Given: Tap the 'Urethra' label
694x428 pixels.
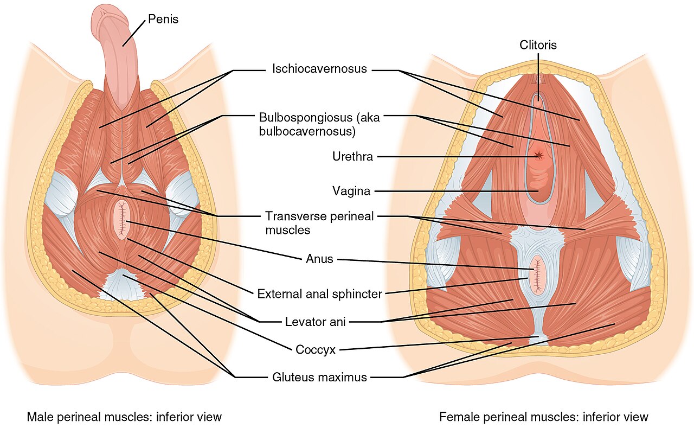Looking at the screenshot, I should coord(352,157).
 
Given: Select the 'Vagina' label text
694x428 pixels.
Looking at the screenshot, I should coord(351,191).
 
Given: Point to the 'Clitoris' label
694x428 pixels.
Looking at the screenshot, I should coord(537,45).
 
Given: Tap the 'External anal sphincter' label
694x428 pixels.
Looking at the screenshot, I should coord(319,294).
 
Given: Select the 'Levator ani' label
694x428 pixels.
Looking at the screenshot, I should coord(315,322).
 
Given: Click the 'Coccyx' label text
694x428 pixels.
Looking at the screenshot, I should coord(316,350).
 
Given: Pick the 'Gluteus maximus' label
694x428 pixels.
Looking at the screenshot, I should coord(319,377).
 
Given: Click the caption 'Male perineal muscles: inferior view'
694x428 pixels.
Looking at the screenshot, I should coord(124,417).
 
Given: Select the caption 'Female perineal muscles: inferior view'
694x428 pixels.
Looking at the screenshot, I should coord(544,417).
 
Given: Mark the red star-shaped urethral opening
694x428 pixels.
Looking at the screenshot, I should coord(538,155).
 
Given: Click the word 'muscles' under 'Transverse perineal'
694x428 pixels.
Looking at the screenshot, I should coord(287,230).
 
